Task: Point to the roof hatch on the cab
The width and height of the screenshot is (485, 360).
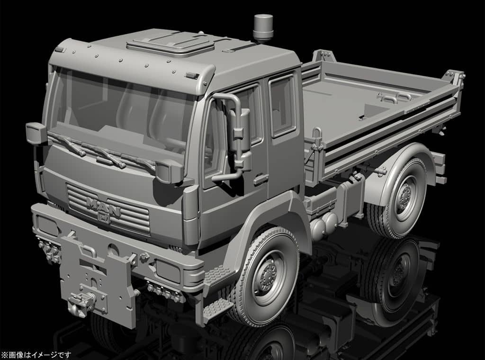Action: [171, 45]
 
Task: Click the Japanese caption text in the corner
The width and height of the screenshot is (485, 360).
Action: [36, 354]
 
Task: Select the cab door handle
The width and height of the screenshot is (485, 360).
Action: [261, 179]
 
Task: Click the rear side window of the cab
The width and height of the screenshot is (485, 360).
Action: [283, 107]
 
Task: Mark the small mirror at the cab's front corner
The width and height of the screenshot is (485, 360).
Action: [36, 133]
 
